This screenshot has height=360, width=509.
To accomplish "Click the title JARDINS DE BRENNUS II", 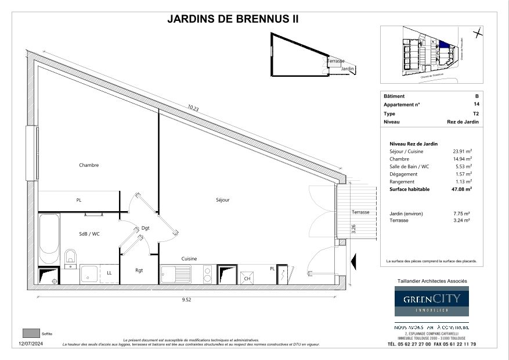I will click(x=233, y=19).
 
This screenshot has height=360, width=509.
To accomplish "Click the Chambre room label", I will click(x=89, y=165).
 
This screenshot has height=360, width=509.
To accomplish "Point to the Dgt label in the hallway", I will click(x=145, y=228).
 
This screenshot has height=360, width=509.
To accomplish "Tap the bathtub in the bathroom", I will click(x=49, y=238).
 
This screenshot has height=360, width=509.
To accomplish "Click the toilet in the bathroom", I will click(x=70, y=256).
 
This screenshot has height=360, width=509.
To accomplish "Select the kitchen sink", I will click(x=175, y=273).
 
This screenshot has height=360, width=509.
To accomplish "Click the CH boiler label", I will click(x=247, y=278).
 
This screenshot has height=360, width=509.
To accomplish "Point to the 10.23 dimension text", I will click(x=193, y=108).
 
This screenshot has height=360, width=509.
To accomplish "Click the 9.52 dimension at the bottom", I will click(x=186, y=300).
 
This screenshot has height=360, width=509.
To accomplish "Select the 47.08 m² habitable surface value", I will click(x=463, y=189).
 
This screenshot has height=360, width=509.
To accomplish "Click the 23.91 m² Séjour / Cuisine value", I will click(x=463, y=151).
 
